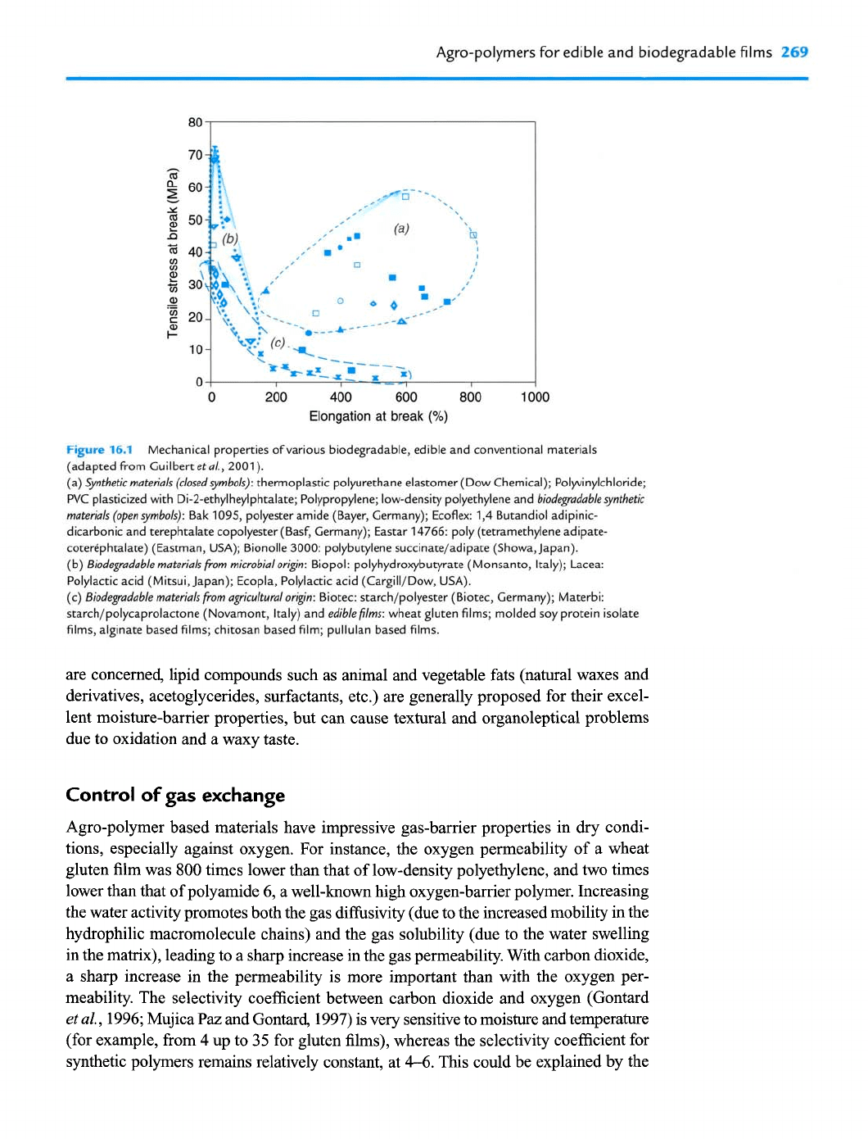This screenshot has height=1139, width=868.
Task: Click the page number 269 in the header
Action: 794,52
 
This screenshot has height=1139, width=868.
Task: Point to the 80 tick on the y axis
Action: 195,123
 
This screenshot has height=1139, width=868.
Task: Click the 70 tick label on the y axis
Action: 195,155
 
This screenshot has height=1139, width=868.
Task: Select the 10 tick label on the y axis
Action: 195,350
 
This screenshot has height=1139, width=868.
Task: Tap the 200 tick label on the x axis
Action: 276,397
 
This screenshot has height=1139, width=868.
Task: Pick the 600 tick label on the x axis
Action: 406,397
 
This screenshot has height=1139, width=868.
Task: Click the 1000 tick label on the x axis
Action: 535,397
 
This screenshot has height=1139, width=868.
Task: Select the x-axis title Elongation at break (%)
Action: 378,416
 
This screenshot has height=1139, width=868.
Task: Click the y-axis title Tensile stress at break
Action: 173,252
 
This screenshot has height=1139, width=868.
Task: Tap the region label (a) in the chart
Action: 401,229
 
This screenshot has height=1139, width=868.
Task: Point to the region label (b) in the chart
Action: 230,238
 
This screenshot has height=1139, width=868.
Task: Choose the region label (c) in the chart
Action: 278,343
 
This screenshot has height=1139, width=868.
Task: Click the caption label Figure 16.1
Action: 98,450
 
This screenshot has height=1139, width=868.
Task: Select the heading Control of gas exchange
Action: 175,795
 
